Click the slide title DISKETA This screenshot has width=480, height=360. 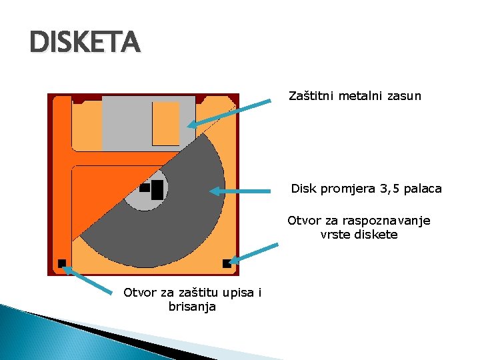(85, 43)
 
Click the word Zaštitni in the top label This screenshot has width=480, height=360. (311, 96)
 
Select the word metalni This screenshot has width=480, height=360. (360, 96)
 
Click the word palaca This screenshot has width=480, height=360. (421, 189)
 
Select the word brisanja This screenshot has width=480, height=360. (193, 307)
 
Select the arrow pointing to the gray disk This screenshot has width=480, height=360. (243, 191)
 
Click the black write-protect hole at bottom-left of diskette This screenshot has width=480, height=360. (62, 263)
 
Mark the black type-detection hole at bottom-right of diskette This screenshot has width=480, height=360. (227, 263)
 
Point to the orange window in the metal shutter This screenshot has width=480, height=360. (166, 123)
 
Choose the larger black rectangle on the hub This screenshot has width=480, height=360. (157, 189)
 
